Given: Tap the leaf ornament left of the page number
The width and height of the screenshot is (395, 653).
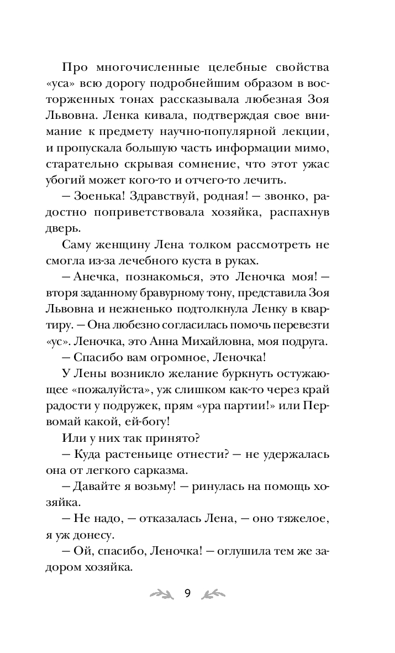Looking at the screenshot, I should pyautogui.click(x=161, y=594).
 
